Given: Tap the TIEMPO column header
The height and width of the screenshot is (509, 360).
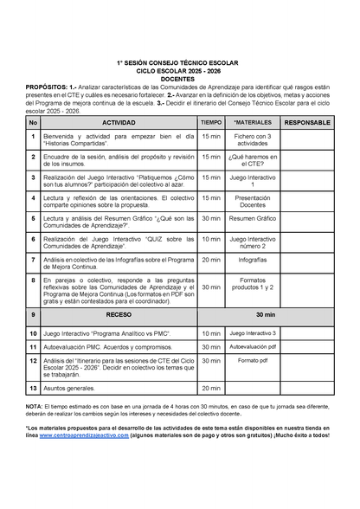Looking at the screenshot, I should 211,123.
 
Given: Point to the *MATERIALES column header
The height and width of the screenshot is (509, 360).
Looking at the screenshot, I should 253,123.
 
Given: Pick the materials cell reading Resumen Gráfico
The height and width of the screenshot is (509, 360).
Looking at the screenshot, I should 253,219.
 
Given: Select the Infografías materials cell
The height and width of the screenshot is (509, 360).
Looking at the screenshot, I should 253,259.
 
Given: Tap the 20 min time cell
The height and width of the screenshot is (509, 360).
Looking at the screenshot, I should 211,259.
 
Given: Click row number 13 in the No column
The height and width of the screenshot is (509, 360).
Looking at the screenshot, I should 33,389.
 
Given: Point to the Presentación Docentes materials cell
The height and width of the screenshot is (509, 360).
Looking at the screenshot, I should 253,201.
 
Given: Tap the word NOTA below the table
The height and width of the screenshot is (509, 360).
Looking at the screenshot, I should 34,405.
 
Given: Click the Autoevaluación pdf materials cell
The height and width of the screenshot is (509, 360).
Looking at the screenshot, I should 253,346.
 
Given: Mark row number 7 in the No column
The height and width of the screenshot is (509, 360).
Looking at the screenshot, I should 33,259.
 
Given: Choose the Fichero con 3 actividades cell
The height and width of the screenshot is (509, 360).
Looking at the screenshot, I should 253,140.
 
